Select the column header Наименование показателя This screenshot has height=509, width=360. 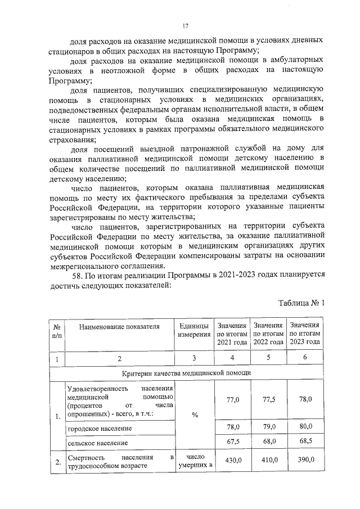point(119,326)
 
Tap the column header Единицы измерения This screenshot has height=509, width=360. point(193,331)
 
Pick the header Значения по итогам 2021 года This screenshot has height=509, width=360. point(232,334)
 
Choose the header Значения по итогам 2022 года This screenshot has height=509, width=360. point(268,334)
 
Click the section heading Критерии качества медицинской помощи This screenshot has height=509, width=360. point(186,373)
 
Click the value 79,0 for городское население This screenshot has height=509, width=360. point(268,427)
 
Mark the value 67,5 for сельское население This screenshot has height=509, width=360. point(232,442)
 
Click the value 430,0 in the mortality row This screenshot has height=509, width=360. point(232,460)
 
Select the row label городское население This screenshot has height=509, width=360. point(100,429)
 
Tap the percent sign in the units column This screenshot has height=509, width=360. point(195,415)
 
